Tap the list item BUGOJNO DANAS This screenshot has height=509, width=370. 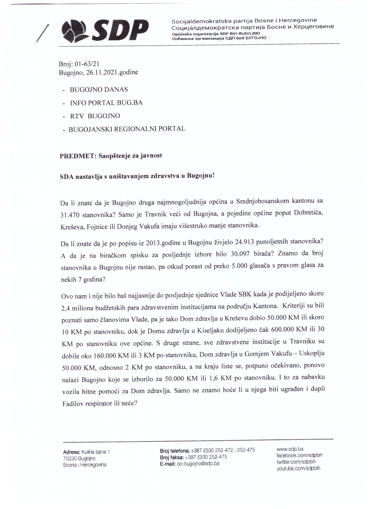(99, 89)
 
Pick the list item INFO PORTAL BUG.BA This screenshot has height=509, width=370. (106, 103)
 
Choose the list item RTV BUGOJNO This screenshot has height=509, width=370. (95, 116)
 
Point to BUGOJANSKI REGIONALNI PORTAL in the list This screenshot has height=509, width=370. (127, 129)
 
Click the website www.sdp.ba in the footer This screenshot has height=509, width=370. (290, 449)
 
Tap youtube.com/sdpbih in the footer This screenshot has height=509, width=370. (298, 468)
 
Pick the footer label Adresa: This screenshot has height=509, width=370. (72, 452)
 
